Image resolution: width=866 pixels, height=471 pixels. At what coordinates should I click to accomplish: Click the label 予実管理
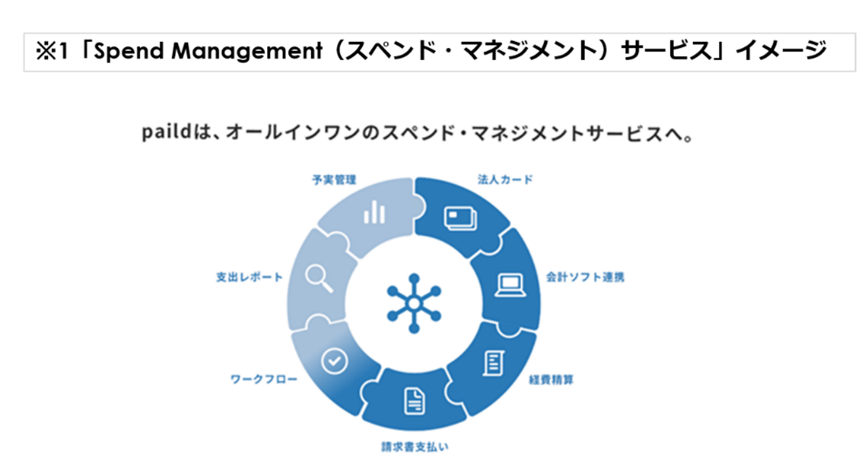coord(334,180)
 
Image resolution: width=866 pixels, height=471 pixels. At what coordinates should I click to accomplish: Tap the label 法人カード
coord(505,180)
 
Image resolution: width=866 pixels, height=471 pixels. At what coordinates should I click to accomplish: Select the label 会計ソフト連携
coord(585,277)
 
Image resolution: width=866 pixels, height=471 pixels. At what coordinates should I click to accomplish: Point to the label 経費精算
coord(551,380)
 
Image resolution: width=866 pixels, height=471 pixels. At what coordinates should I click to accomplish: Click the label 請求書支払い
coord(415,447)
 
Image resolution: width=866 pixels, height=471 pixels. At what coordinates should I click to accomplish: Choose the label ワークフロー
coord(264,379)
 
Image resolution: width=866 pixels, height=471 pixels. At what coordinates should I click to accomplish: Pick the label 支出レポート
coord(249,277)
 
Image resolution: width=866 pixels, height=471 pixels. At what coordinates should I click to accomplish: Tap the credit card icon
coord(460,218)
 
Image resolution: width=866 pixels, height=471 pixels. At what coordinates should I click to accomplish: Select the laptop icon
coord(510,285)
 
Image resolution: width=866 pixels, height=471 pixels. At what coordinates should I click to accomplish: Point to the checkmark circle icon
coord(334,361)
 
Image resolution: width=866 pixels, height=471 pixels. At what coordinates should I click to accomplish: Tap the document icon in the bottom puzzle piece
coord(414,401)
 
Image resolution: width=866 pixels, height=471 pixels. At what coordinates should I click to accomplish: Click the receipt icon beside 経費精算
coord(494,363)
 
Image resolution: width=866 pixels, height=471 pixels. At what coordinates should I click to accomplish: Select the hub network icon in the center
coord(414,303)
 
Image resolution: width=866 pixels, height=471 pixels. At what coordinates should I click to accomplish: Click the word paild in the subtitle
coord(166,132)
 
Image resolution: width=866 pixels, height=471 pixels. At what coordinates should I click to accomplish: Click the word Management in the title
coord(247,51)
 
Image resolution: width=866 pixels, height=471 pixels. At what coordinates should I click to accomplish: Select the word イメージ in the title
coord(781,51)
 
